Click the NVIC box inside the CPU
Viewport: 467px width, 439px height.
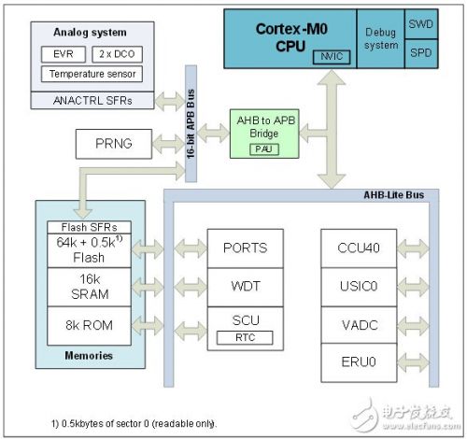(329, 56)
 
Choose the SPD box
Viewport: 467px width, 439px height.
(419, 52)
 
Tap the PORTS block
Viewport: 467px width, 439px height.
(245, 248)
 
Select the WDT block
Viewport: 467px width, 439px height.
(245, 284)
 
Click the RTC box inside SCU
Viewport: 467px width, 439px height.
(245, 337)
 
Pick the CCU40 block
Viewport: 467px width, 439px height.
(358, 248)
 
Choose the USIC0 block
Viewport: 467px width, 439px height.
(358, 284)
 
